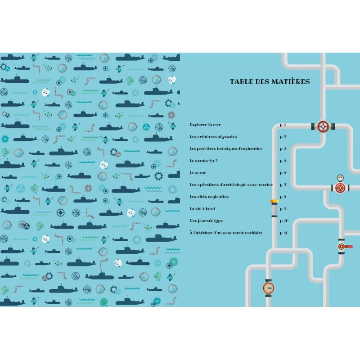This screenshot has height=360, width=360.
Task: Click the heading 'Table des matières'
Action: [270, 81]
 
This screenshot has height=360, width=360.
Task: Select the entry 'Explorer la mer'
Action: [205, 125]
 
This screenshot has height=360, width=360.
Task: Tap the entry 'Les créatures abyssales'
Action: [213, 137]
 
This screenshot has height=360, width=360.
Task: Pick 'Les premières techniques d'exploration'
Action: [226, 149]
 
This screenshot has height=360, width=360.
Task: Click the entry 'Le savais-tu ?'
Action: [203, 161]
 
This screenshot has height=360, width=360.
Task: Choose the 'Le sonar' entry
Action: [198, 173]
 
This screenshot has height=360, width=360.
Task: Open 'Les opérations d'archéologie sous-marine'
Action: [231, 184]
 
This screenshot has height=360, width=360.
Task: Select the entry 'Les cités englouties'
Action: [209, 197]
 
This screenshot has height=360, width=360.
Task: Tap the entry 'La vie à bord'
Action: [202, 209]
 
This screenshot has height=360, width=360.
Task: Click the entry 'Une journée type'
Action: [206, 221]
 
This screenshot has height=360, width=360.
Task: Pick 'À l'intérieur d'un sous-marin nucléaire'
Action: [226, 233]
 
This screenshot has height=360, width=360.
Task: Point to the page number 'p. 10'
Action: [284, 221]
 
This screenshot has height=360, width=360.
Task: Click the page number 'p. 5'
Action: [283, 161]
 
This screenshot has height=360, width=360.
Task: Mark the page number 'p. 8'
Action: [283, 197]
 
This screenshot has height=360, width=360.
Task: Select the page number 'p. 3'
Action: [283, 149]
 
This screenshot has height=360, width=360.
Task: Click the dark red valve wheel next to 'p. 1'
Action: [323, 126]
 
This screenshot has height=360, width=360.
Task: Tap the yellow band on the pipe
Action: [274, 201]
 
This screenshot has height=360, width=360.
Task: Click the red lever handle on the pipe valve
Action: [347, 247]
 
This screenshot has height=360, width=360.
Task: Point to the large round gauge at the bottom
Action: [268, 288]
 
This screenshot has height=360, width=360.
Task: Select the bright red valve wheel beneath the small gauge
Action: [340, 188]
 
